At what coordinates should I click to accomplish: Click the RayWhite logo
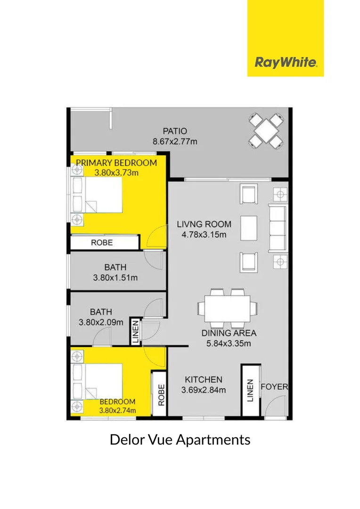pos(286,62)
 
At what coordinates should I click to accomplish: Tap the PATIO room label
pos(175,131)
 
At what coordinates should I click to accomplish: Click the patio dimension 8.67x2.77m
pos(175,141)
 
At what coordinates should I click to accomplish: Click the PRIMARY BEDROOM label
pos(116,163)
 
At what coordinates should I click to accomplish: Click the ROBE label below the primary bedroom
pos(102,243)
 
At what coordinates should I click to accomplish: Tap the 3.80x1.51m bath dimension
pos(115,278)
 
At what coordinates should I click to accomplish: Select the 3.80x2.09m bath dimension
pos(101,323)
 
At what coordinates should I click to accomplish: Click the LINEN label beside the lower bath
pos(136,331)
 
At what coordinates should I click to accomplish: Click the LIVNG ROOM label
pos(204,224)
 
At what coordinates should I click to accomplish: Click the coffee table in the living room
pos(248,228)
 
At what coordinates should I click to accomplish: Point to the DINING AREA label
pos(229,333)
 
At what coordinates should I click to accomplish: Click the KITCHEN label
pos(204,379)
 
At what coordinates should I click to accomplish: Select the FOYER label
pos(274,387)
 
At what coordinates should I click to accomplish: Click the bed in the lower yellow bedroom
pos(99,382)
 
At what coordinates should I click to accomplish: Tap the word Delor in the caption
pos(125,440)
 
